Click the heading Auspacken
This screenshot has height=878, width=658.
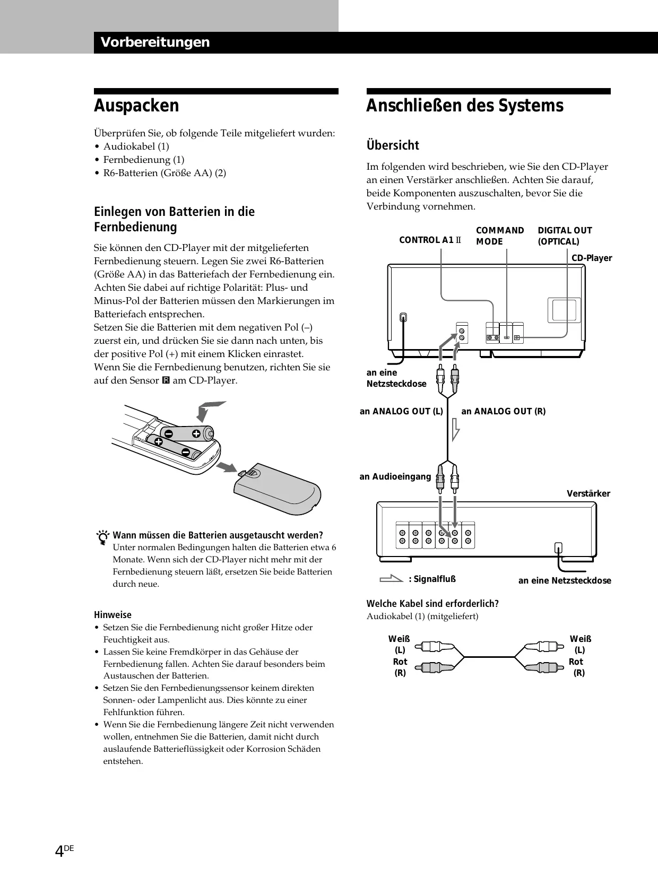[x=136, y=106]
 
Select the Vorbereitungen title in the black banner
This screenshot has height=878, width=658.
[x=155, y=42]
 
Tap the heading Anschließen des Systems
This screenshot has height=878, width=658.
[x=464, y=106]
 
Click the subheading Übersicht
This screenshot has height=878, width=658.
[x=393, y=145]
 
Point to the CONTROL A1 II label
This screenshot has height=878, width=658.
[x=430, y=240]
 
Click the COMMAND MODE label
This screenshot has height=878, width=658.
[x=499, y=236]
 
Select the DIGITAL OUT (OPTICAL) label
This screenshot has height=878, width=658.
[x=564, y=236]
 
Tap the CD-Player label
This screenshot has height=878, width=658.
[x=592, y=258]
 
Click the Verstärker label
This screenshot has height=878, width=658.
[x=588, y=494]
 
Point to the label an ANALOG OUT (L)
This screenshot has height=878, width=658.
[x=401, y=411]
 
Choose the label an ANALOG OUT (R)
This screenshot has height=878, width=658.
[x=503, y=411]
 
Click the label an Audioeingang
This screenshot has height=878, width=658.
[x=395, y=477]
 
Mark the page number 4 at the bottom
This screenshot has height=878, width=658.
[x=59, y=851]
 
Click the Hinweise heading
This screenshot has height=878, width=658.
[x=112, y=615]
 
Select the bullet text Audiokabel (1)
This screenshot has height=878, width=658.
[x=136, y=146]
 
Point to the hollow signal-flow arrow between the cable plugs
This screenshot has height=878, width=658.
[x=455, y=429]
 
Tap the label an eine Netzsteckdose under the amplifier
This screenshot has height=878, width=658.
[x=565, y=580]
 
